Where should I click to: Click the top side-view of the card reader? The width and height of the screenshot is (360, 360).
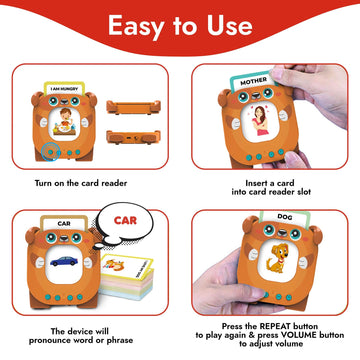(x=134, y=104)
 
